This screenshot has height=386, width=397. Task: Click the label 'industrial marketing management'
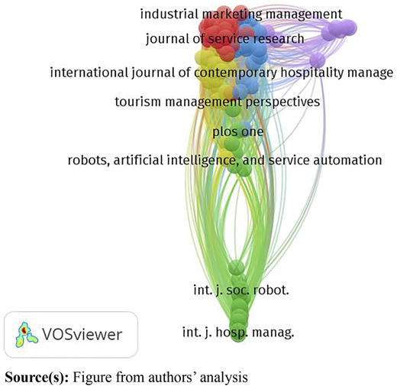(x=241, y=14)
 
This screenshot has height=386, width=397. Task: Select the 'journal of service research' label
(x=225, y=39)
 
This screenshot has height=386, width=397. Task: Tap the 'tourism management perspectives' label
(x=218, y=102)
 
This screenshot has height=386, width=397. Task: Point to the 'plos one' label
(x=238, y=131)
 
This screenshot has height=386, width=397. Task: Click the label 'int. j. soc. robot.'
(x=241, y=290)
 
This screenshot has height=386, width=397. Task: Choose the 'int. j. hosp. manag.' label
(x=238, y=332)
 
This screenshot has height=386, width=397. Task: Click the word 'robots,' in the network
(x=89, y=161)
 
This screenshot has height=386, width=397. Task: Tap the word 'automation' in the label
(x=347, y=161)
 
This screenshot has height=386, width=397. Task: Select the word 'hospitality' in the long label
(x=312, y=73)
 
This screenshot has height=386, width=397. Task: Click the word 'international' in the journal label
(x=89, y=73)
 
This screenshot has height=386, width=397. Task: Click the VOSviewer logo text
(x=82, y=334)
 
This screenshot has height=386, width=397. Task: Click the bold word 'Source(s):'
(x=37, y=377)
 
